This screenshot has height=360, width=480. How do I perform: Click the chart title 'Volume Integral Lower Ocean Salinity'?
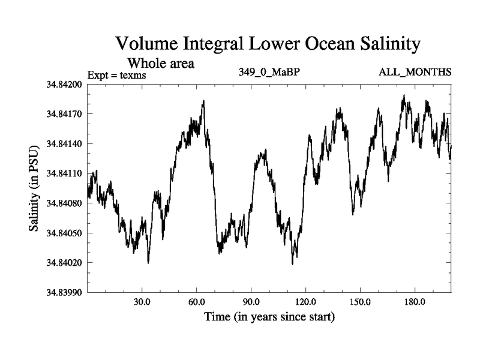click(x=268, y=44)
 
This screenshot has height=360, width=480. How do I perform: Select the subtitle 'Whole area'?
click(x=160, y=62)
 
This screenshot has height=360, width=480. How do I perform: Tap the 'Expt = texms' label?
click(x=117, y=75)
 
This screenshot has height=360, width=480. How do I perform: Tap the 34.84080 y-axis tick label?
click(x=63, y=203)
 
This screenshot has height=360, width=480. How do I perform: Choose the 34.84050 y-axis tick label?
click(x=63, y=233)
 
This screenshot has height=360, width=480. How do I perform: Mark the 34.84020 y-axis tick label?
click(x=63, y=263)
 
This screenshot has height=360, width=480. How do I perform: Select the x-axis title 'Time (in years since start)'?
click(x=269, y=316)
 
